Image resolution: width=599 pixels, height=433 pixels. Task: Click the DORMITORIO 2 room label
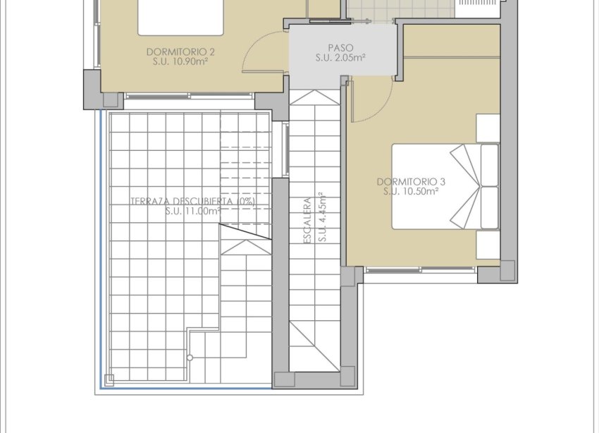(x=180, y=51)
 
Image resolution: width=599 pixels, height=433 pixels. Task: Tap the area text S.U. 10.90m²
(x=180, y=61)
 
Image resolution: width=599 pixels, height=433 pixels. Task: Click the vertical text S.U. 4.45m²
(x=321, y=216)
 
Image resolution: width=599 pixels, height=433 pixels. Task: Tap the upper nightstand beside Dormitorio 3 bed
(x=488, y=128)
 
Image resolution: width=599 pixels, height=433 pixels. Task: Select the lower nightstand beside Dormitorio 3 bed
(x=488, y=245)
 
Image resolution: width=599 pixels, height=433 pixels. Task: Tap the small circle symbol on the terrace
(x=190, y=358)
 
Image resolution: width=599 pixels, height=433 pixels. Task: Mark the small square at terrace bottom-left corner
(x=109, y=379)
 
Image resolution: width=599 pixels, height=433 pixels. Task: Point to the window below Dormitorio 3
(x=421, y=269)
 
